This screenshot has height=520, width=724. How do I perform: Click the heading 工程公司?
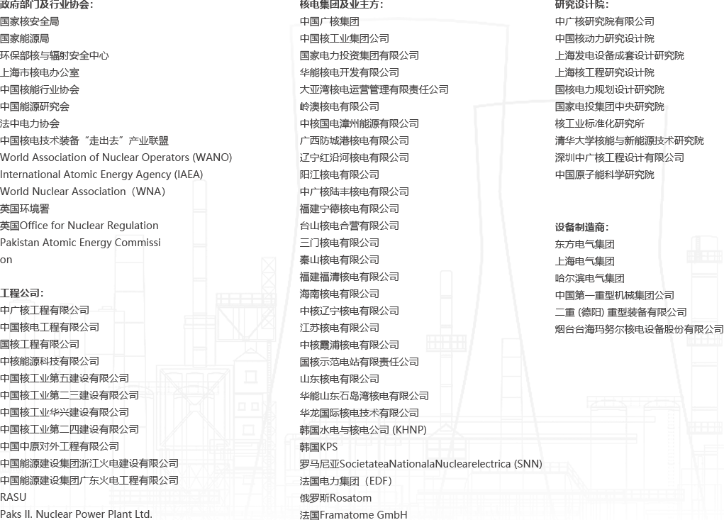click(x=22, y=293)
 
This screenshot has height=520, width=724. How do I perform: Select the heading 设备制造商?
click(x=581, y=227)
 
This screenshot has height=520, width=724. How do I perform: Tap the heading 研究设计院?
click(x=581, y=5)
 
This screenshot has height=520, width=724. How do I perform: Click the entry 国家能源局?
click(x=25, y=38)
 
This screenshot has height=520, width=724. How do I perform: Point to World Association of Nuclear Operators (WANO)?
click(x=116, y=157)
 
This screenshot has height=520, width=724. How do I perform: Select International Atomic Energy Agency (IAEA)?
click(x=101, y=175)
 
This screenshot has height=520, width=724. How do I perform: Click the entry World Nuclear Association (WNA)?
click(x=83, y=192)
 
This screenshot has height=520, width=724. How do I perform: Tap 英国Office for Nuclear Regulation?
click(x=79, y=226)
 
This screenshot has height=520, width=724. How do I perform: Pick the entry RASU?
click(x=13, y=497)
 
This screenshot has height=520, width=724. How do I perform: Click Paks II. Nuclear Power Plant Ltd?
click(x=76, y=514)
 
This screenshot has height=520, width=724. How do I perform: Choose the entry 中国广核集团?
click(x=329, y=22)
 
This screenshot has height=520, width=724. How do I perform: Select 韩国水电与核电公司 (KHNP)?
click(x=363, y=430)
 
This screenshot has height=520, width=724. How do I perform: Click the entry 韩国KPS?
click(x=318, y=447)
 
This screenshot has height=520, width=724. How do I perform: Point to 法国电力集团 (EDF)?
click(x=346, y=481)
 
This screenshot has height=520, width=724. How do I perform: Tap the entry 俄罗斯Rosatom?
click(x=335, y=498)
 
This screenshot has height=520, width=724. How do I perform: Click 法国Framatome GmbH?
click(x=354, y=514)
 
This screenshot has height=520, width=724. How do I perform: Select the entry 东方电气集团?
click(x=584, y=244)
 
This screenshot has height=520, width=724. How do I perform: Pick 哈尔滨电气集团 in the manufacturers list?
click(x=590, y=279)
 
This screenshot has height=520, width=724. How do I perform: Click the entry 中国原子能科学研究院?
click(x=604, y=175)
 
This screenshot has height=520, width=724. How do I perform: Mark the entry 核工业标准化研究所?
click(x=599, y=123)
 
